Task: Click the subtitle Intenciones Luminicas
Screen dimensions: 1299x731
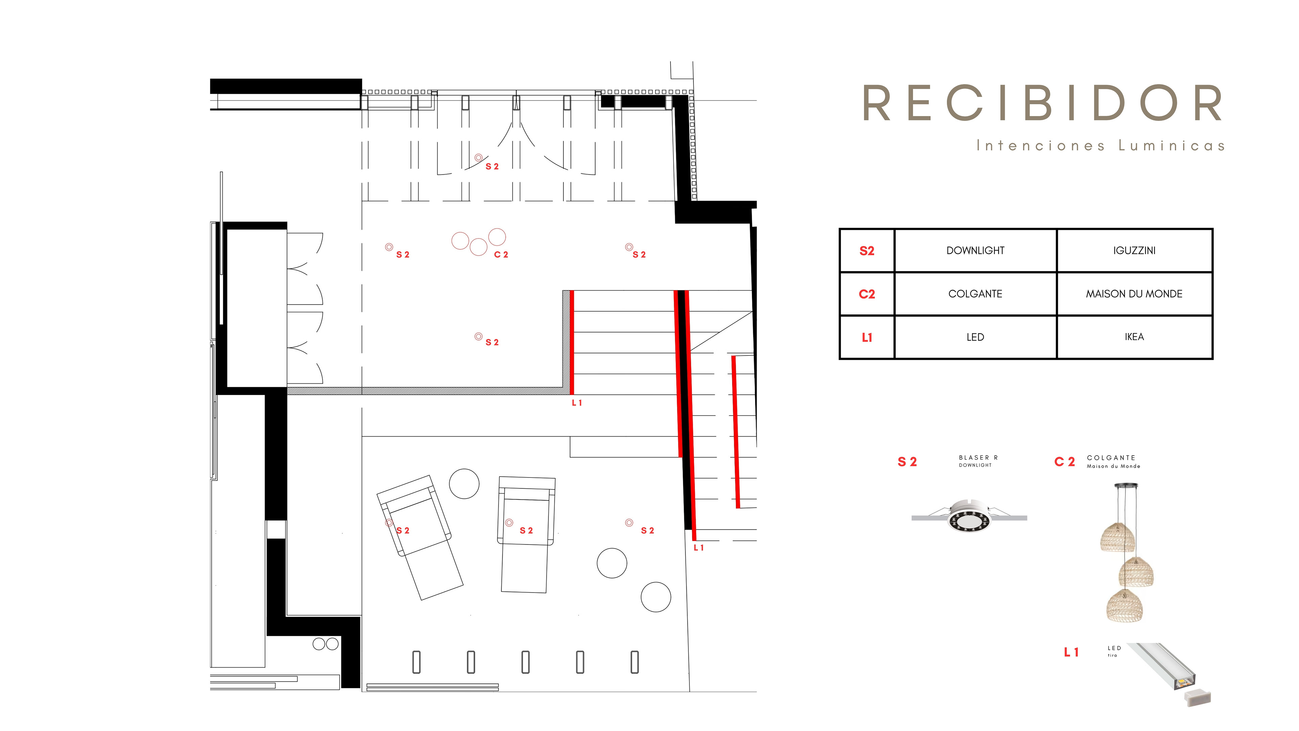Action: pos(1100,146)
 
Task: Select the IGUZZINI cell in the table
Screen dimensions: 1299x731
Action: pos(1134,251)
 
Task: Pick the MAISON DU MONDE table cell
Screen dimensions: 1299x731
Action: pos(1134,294)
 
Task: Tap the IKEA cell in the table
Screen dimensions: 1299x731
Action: pos(1134,337)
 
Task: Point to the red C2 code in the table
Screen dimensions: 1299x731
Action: pos(867,294)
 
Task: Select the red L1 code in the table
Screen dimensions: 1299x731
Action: pos(867,337)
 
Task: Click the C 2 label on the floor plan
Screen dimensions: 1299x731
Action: pos(501,255)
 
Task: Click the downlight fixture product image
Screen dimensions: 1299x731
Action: pos(969,517)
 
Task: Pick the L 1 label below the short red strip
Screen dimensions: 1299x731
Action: pos(577,403)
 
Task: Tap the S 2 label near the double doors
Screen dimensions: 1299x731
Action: pos(492,167)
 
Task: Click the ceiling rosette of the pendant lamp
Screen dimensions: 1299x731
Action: pos(1126,486)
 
